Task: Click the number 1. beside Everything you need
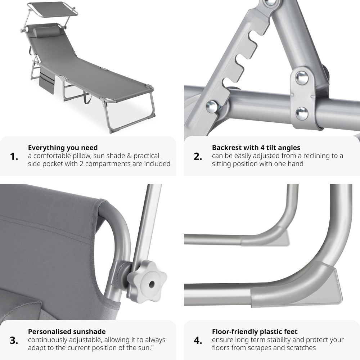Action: pyautogui.click(x=14, y=157)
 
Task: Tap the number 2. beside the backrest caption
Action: pyautogui.click(x=198, y=157)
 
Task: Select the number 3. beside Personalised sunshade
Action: pyautogui.click(x=14, y=341)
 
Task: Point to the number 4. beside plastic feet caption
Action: pyautogui.click(x=198, y=341)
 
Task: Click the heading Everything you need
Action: pyautogui.click(x=63, y=148)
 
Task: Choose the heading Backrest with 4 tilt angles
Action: pyautogui.click(x=256, y=148)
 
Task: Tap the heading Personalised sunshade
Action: pyautogui.click(x=67, y=332)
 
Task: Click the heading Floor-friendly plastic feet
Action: pyautogui.click(x=255, y=332)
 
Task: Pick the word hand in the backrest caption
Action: pyautogui.click(x=296, y=164)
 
